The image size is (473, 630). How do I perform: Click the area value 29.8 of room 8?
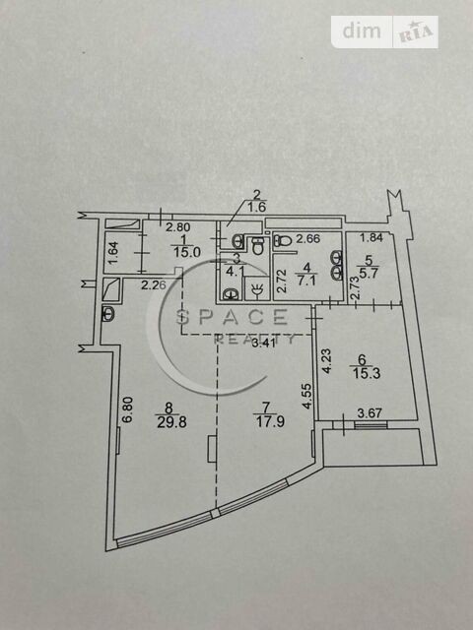coord(171,422)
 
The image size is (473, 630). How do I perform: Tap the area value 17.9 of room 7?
coord(270,422)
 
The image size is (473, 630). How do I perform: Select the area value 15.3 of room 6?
coord(367,374)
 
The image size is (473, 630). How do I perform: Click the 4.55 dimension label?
coord(307,396)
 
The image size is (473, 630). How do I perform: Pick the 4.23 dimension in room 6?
coord(327,361)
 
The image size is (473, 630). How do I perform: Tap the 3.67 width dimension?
coord(371,412)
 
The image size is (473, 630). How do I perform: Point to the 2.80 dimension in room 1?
coord(178,227)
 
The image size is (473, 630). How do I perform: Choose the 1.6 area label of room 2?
coord(257,208)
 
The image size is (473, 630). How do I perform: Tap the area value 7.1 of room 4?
coord(306,279)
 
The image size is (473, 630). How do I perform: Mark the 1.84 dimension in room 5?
coord(372,237)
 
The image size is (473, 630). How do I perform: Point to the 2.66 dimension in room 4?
coord(308,238)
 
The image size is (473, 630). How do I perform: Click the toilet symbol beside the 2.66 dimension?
coord(283,241)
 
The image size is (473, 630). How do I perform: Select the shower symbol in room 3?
coord(257,288)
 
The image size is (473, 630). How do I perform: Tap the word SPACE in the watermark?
coord(233,317)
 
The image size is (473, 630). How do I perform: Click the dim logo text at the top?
coord(362,31)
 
